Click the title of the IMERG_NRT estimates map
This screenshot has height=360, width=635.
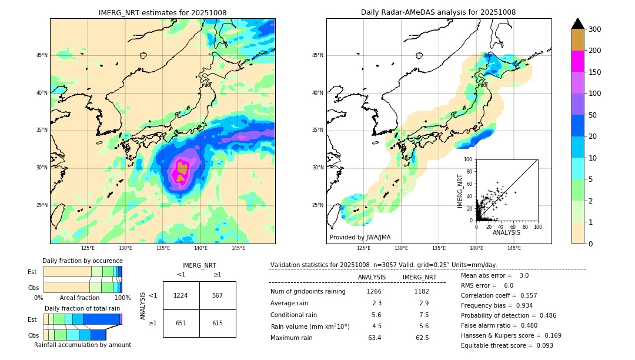162,12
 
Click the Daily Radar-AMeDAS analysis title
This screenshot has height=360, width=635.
438,12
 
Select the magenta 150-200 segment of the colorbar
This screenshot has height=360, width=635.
578,61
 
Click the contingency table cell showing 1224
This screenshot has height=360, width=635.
181,295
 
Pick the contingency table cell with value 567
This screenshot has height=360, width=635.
218,295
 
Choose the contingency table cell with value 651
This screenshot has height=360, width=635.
181,323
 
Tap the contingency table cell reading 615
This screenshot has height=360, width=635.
218,323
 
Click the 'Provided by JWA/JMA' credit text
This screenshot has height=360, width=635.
360,238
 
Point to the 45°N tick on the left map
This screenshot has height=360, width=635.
42,55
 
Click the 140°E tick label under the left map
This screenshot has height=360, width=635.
200,248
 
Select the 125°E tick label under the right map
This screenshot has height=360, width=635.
364,248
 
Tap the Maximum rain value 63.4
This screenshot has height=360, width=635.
374,338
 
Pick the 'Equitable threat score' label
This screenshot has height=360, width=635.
497,345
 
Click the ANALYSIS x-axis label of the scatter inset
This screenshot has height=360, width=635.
506,232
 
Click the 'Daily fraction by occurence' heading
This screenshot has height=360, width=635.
82,261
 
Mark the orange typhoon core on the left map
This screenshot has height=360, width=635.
182,169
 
